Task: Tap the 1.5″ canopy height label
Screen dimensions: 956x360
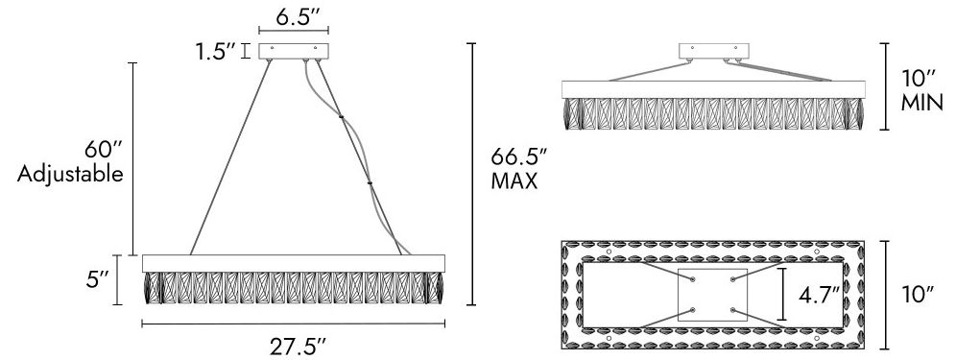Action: tap(215, 52)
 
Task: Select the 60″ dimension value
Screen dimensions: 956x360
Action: tap(104, 150)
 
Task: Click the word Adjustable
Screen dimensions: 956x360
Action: tap(70, 175)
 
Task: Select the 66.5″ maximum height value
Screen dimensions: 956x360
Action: tap(518, 157)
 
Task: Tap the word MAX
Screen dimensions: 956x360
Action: tap(514, 181)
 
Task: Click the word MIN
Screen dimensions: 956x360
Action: tap(921, 103)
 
